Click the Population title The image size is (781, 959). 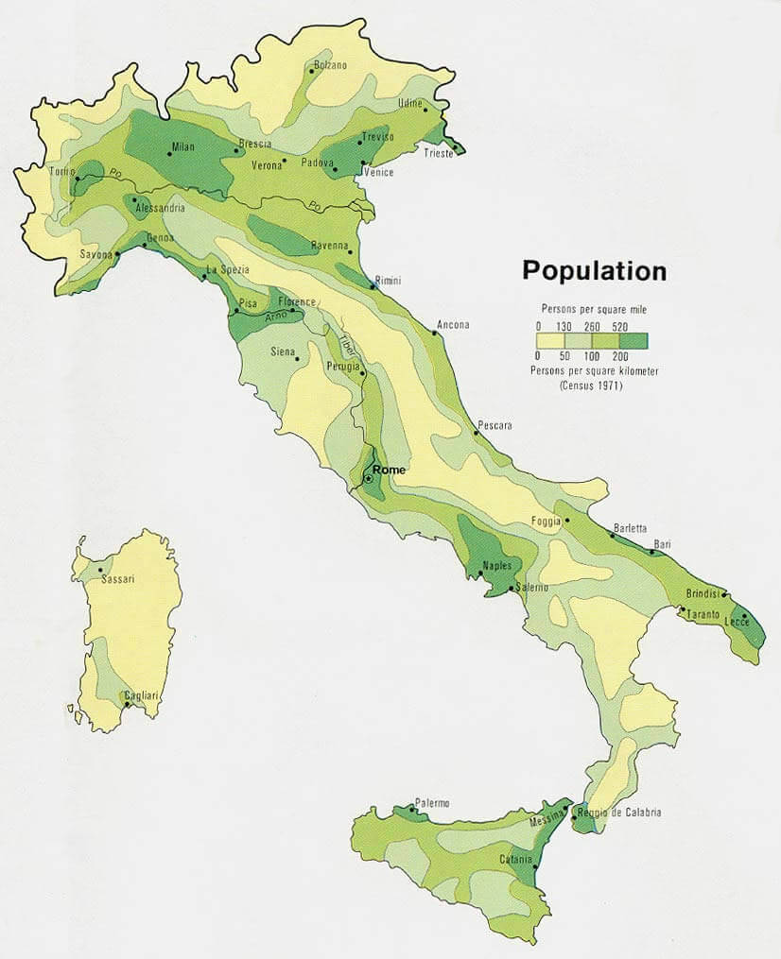click(594, 271)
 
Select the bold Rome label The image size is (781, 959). click(389, 470)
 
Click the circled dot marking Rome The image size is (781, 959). click(368, 480)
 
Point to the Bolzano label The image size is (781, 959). click(330, 64)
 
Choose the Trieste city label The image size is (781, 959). click(438, 153)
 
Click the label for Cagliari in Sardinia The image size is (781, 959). click(142, 695)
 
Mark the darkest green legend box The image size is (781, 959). click(633, 340)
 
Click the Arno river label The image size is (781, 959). click(275, 317)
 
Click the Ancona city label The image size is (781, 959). click(452, 325)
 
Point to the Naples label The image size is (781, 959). click(496, 566)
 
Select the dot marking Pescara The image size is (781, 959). click(476, 433)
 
